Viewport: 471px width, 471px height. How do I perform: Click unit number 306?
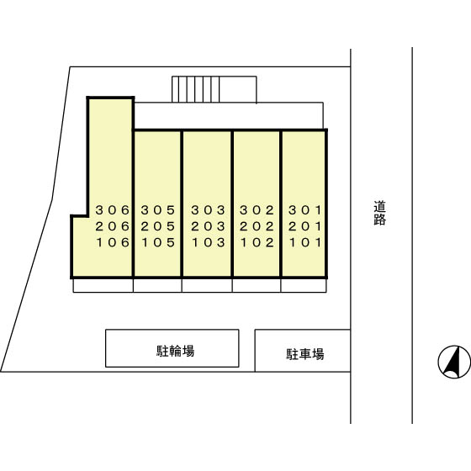coord(113,210)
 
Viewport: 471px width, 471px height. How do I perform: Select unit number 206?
coord(113,226)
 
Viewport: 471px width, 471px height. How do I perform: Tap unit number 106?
coord(113,242)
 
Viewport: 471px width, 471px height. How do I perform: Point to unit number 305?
coord(158,210)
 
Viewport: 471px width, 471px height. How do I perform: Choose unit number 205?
coord(158,226)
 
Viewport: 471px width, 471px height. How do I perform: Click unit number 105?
coord(158,242)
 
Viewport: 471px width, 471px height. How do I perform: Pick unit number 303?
coord(209,210)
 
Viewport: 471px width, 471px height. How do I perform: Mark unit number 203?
coord(209,226)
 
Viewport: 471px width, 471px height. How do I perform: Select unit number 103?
coord(209,242)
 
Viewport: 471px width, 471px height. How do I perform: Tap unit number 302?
coord(257,210)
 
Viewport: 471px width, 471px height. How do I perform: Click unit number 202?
coord(257,226)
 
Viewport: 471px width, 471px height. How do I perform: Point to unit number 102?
coord(257,242)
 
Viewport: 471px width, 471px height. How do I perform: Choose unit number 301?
coord(305,210)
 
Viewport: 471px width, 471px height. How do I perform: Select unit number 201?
coord(305,226)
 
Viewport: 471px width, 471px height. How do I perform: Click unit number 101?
coord(305,242)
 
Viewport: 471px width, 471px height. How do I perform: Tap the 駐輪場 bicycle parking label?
coord(176,351)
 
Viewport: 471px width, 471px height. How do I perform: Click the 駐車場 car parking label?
coord(304,354)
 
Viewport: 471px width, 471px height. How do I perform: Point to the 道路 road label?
coord(380,213)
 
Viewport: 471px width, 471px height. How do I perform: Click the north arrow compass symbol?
coord(454,362)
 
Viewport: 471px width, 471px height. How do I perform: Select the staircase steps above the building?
coord(195,89)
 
